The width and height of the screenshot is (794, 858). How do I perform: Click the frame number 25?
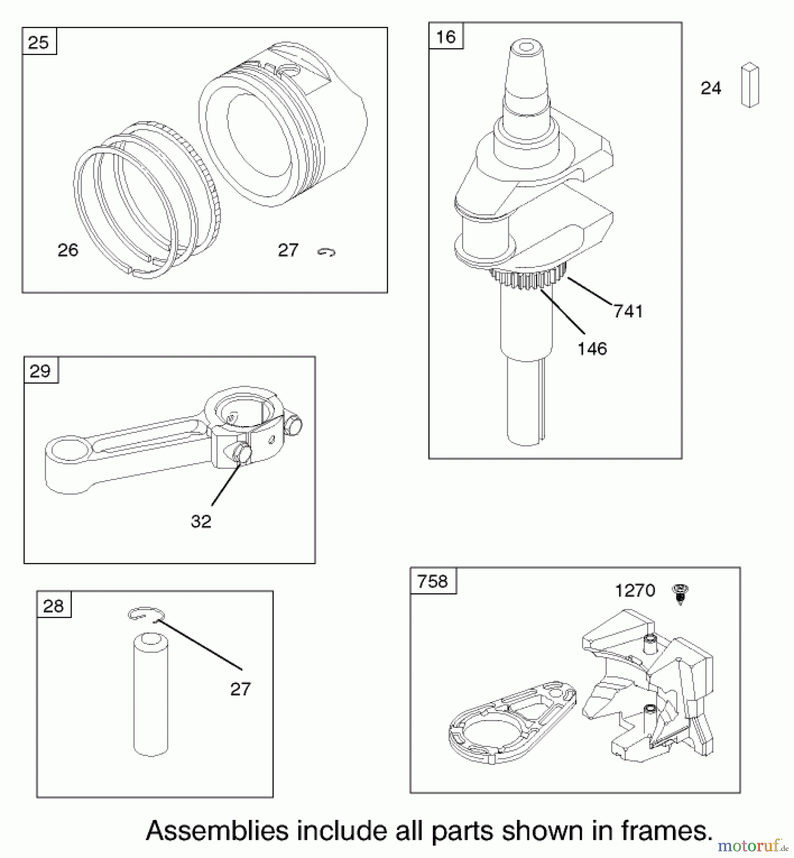39,42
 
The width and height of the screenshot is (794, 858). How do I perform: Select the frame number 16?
446,37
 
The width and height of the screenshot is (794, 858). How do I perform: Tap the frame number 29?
40,371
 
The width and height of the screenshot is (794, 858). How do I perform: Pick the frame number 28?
53,606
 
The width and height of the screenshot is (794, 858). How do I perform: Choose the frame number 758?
433,582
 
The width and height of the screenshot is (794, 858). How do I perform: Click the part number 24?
711,88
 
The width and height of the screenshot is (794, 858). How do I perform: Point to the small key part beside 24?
750,85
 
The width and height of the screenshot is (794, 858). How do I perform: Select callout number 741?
628,311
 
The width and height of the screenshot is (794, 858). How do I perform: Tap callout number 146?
592,349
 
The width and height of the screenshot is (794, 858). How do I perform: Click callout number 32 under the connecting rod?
201,521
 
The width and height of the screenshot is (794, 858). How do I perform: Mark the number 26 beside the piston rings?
68,250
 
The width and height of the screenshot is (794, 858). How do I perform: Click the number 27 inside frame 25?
288,250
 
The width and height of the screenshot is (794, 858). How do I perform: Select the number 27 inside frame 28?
240,689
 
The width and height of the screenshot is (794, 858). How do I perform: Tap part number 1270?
635,591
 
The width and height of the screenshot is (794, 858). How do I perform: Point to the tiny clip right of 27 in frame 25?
327,252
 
